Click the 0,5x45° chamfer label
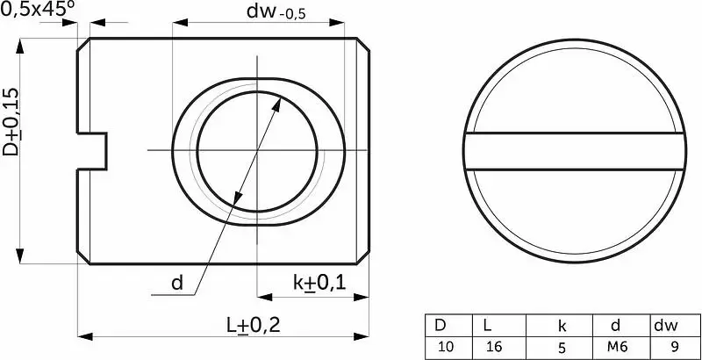pos(37,10)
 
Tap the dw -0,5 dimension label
pos(276,11)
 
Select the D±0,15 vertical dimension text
pos(11,122)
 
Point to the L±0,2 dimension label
pos(253,326)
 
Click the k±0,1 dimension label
pos(319,283)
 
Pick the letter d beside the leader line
pos(177,283)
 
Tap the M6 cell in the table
pos(616,347)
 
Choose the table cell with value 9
pos(675,347)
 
